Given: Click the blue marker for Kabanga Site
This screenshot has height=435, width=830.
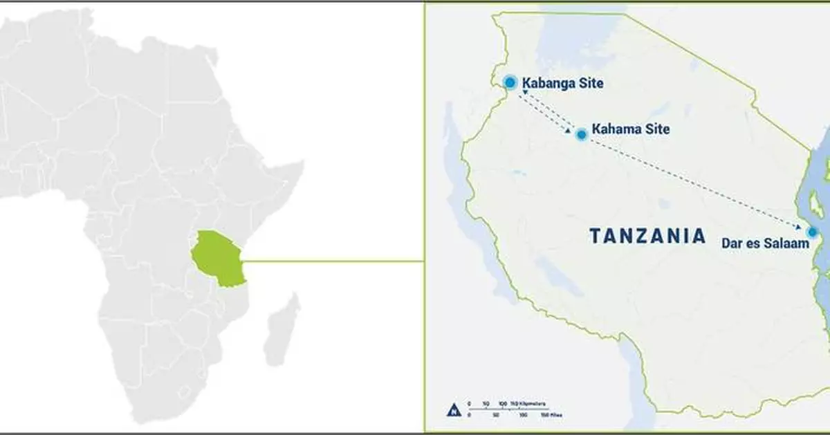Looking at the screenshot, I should click(x=510, y=82).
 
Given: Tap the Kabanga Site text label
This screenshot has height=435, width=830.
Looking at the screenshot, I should click(x=562, y=83).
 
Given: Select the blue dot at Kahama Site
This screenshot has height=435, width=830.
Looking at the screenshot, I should click(x=582, y=134).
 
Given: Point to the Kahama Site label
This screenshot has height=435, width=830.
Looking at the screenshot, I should click(x=631, y=129).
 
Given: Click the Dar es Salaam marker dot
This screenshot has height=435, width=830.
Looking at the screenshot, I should click(x=812, y=232).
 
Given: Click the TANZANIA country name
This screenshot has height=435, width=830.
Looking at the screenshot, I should click(x=647, y=236).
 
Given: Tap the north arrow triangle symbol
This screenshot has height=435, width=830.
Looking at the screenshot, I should click(x=454, y=409).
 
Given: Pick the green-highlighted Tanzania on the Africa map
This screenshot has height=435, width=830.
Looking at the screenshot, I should click(x=219, y=257).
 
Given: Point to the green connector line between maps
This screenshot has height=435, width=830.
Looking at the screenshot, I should click(x=332, y=261).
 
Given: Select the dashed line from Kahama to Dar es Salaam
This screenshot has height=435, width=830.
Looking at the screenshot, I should click(x=692, y=182).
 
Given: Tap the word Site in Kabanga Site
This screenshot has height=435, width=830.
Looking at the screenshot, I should click(x=591, y=83).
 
